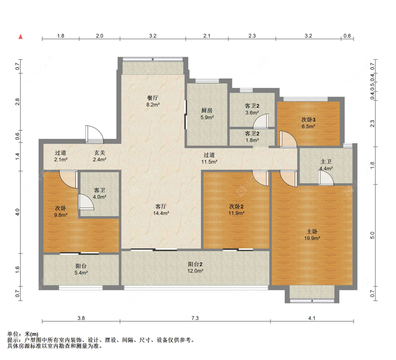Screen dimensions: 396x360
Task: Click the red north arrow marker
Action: click(x=21, y=36)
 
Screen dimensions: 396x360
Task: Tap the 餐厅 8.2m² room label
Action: click(x=153, y=101)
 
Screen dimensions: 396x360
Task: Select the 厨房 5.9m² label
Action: click(x=207, y=114)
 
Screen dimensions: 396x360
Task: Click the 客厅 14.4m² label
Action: click(x=161, y=210)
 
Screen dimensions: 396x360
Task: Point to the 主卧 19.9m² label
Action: click(x=312, y=235)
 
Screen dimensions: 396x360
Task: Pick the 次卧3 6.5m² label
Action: click(x=308, y=123)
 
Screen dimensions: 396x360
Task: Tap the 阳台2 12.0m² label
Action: click(x=195, y=267)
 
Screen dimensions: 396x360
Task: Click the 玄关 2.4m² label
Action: click(x=100, y=156)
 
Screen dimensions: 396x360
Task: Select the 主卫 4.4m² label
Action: click(x=326, y=165)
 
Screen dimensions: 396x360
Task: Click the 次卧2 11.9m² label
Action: click(x=237, y=210)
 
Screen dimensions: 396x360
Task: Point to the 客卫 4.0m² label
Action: click(x=100, y=193)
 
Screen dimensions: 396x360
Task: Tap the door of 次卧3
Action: click(x=288, y=139)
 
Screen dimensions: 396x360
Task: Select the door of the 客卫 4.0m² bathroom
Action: click(x=86, y=202)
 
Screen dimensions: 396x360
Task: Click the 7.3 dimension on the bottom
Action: click(x=195, y=318)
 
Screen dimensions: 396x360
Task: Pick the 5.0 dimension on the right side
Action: click(x=372, y=235)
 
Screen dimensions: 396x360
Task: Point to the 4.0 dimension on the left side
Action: click(x=17, y=212)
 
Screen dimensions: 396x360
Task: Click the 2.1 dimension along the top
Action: click(x=207, y=36)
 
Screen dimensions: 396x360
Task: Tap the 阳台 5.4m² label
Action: click(x=81, y=269)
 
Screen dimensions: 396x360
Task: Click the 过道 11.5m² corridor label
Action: click(x=209, y=158)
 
